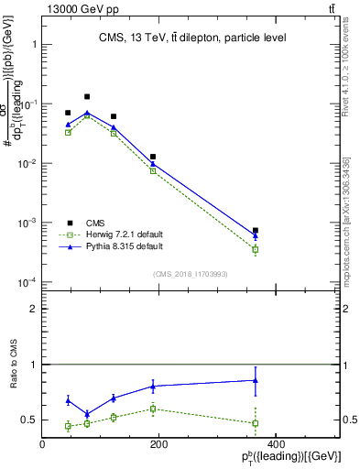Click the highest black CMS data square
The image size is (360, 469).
click(x=87, y=96)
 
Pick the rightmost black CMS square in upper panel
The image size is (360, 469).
click(x=256, y=231)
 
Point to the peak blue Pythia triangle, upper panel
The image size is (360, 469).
click(x=87, y=113)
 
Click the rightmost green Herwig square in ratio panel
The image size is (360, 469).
click(x=256, y=423)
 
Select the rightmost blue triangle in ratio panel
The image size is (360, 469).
click(x=256, y=380)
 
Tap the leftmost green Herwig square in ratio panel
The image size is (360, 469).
click(x=68, y=426)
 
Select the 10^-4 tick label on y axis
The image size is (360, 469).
click(x=28, y=282)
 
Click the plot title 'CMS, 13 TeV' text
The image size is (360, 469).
click(x=191, y=38)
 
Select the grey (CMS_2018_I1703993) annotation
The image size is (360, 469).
click(x=190, y=273)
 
